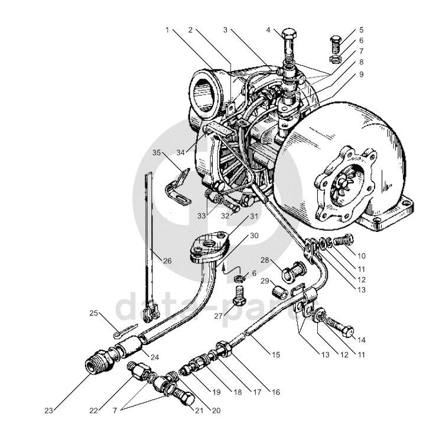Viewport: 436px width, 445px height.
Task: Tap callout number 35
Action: click(157, 152)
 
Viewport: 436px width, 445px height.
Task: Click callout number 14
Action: click(362, 340)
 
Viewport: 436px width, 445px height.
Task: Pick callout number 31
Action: click(254, 216)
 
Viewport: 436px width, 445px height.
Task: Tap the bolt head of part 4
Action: click(291, 33)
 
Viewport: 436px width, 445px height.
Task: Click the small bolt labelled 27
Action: click(239, 294)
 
